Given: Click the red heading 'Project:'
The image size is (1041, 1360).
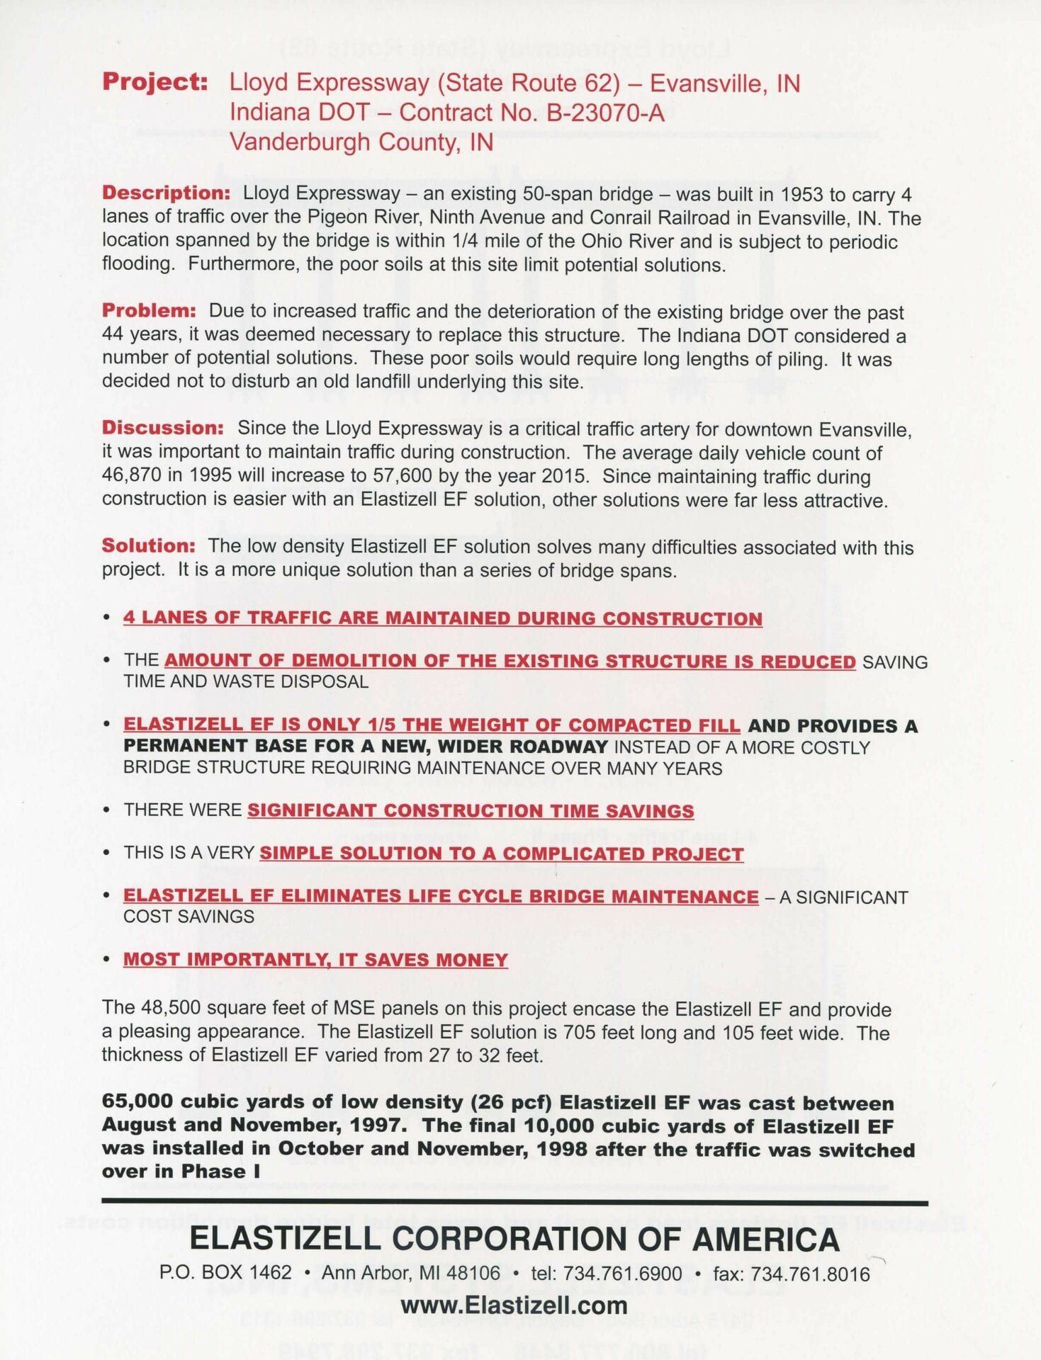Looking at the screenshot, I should click(155, 82).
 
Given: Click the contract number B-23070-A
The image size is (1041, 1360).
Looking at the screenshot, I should click(605, 113).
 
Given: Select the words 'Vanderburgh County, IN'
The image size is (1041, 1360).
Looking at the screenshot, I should click(361, 142).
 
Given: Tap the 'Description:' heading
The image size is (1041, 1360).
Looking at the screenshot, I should click(166, 193).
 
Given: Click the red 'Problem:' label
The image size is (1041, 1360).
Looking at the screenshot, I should click(149, 311).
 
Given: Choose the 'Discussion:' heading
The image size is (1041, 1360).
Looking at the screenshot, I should click(163, 429).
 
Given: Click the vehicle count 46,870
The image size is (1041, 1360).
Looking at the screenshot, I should click(133, 476).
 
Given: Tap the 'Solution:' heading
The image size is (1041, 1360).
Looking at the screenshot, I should click(148, 546).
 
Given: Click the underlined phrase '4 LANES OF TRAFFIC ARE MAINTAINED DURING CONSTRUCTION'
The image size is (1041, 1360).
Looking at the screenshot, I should click(443, 618).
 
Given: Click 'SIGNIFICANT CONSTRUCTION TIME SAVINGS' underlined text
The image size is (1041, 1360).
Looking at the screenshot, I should click(471, 811).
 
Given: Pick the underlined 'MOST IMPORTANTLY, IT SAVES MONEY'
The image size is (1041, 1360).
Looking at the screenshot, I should click(315, 960).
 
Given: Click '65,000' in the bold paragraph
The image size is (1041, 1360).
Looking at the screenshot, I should click(137, 1103).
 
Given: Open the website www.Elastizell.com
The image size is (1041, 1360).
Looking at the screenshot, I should click(514, 1305).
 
